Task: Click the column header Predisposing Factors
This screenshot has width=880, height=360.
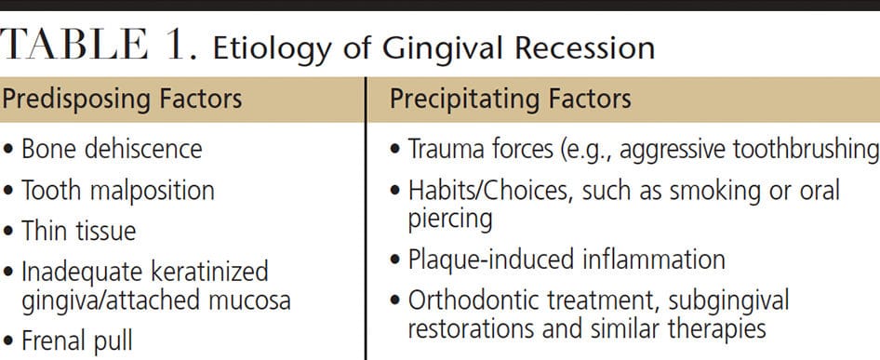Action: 121,99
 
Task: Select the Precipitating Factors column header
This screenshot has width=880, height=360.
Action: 511,99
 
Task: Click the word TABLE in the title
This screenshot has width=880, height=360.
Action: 74,45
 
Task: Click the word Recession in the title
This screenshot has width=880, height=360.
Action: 585,48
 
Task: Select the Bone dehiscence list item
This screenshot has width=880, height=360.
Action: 112,150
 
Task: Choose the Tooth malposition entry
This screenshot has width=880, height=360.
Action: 118,191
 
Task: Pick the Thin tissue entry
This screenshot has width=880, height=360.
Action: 78,231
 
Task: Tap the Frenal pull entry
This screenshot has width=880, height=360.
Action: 77,340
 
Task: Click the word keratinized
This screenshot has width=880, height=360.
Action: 208,272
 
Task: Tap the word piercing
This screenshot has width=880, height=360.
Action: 450,220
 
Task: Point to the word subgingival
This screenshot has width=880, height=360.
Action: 729,301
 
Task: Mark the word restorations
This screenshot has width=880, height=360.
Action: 471,329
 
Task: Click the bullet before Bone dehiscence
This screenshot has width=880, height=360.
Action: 7,151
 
